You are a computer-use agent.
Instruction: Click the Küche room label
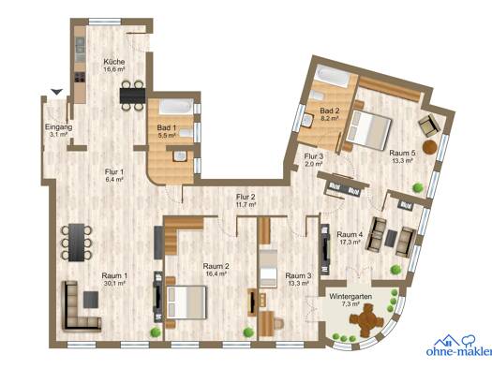[114, 62]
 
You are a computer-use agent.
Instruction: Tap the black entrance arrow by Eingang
[57, 92]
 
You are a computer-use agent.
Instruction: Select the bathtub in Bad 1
[176, 107]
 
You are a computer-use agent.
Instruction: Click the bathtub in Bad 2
[332, 77]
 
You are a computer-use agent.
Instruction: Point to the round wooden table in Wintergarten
[366, 320]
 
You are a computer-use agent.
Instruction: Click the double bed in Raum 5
[368, 129]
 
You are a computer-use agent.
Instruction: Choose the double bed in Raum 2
[187, 303]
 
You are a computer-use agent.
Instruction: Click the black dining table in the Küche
[132, 96]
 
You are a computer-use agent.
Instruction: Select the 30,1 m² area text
[114, 283]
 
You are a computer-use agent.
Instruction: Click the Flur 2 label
[246, 197]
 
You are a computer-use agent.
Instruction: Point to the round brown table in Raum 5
[429, 147]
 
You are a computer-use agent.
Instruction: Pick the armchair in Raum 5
[429, 125]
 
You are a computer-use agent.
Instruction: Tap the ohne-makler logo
[459, 346]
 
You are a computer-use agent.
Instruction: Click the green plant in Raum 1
[155, 332]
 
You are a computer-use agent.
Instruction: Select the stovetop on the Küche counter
[80, 77]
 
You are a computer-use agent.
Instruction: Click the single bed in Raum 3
[268, 269]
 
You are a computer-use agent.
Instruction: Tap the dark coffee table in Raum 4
[391, 238]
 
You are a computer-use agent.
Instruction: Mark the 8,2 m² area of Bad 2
[330, 118]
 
